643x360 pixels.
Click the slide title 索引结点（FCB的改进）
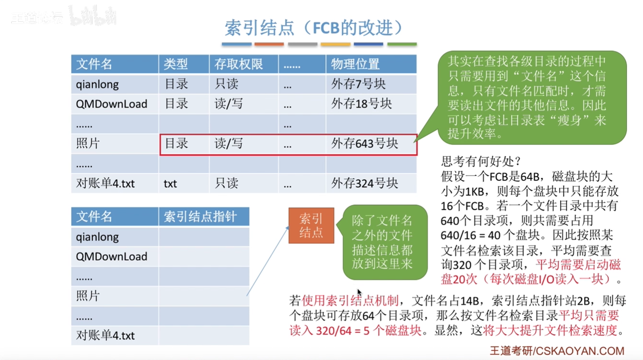(314, 28)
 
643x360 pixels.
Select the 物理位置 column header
(355, 64)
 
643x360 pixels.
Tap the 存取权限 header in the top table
(239, 64)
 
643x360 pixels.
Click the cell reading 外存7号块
(358, 84)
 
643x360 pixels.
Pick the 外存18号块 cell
(361, 103)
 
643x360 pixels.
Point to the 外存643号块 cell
(365, 144)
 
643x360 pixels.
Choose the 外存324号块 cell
(365, 183)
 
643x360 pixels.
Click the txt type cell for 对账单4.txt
(170, 183)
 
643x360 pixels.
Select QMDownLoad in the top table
(111, 104)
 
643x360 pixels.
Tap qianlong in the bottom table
(97, 237)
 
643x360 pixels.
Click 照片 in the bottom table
(88, 296)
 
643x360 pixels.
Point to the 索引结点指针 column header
(200, 216)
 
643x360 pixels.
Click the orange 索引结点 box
(311, 226)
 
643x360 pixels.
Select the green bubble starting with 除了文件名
(385, 242)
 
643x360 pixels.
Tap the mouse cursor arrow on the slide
(359, 292)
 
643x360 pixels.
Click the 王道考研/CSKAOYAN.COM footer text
(557, 351)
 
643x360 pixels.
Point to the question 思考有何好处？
(481, 162)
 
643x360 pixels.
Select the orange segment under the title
(269, 44)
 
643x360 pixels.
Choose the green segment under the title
(402, 44)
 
